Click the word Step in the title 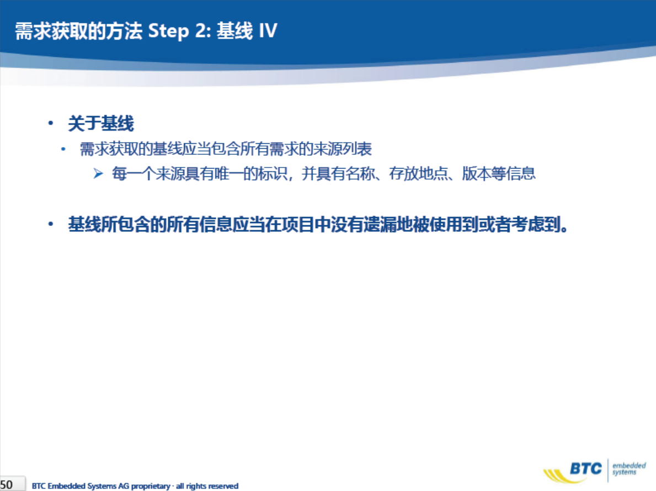[169, 31]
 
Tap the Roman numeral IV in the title [268, 30]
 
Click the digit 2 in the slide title [200, 30]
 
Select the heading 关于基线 [101, 123]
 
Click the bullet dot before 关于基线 [51, 123]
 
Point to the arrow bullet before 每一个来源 [98, 174]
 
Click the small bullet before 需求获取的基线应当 [63, 149]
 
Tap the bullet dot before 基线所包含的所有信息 [51, 224]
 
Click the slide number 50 [6, 485]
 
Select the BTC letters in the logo [586, 468]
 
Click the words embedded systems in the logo [629, 468]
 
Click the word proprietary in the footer [151, 486]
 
